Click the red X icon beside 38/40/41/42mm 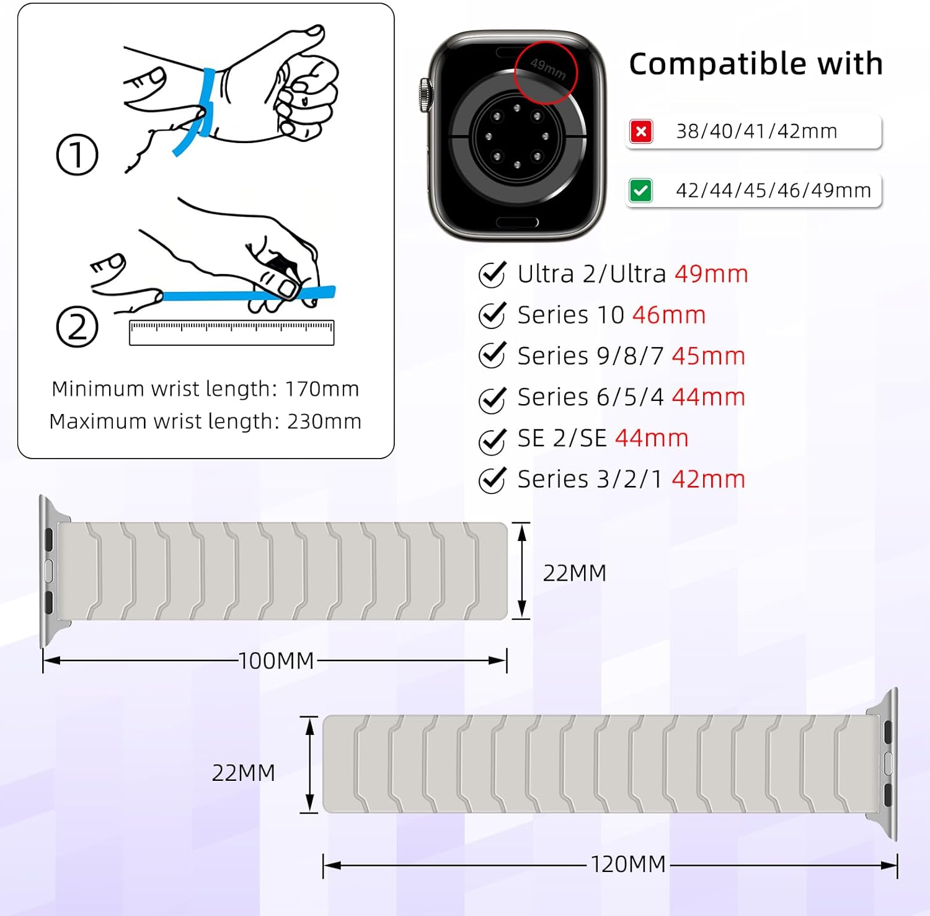click(641, 131)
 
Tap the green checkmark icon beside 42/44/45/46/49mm click(640, 190)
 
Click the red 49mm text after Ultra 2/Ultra click(711, 274)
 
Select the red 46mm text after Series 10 click(669, 315)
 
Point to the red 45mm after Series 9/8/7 click(708, 356)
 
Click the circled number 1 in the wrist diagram click(77, 154)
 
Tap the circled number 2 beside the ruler click(77, 327)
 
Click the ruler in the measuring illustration click(231, 333)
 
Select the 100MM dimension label click(277, 661)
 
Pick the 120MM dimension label click(628, 864)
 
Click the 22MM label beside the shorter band click(575, 573)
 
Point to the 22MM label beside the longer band click(244, 773)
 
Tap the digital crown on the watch click(425, 95)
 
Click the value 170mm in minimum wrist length click(322, 389)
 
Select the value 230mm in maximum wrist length click(324, 421)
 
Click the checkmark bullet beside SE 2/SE click(492, 440)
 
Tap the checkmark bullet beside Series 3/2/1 click(492, 480)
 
